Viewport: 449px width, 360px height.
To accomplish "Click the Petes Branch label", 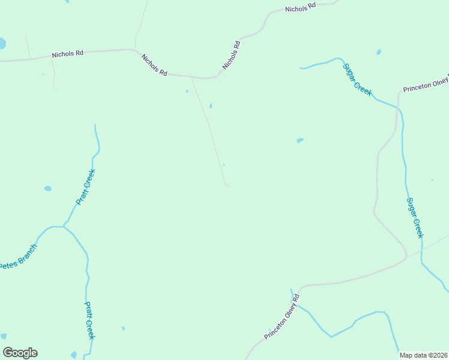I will (18, 256).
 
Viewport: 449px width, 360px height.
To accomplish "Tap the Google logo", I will (20, 353).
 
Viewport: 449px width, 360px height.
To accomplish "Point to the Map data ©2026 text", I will (424, 355).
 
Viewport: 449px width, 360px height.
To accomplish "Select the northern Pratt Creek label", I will (86, 187).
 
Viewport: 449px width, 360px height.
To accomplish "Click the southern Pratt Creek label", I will (89, 320).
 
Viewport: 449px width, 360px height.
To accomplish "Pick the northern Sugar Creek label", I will (357, 79).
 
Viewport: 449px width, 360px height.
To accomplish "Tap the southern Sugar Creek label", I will (415, 218).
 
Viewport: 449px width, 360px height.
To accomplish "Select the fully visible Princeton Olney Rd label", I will (282, 317).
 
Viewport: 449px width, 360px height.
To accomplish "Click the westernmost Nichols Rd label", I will (67, 54).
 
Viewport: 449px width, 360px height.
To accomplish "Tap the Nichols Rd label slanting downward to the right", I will (154, 64).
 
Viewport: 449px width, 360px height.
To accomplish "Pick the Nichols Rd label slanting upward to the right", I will (232, 55).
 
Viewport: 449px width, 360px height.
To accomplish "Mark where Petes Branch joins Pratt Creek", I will (63, 227).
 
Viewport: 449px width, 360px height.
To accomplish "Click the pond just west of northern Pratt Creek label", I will (47, 188).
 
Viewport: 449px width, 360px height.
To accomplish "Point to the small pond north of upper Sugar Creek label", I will (379, 52).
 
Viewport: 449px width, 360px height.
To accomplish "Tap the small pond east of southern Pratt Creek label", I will (123, 328).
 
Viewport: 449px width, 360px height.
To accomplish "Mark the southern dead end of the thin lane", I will (231, 187).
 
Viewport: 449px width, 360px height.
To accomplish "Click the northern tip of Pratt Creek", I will (95, 125).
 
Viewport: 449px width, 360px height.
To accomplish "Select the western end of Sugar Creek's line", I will (301, 68).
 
